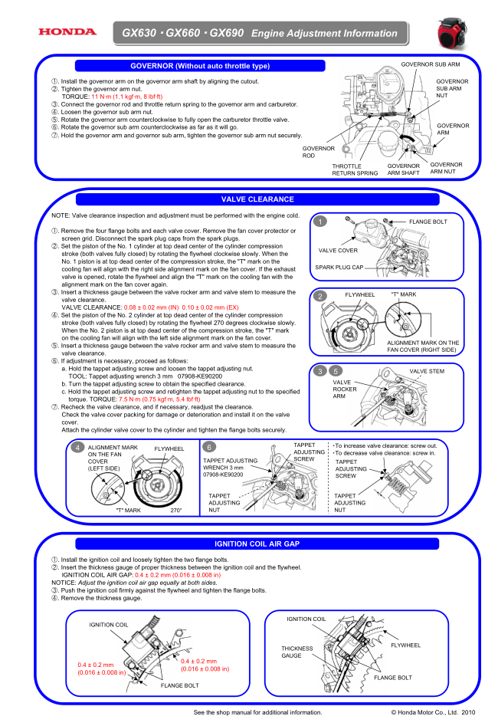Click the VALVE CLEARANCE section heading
pyautogui.click(x=257, y=199)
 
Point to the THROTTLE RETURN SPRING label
pyautogui.click(x=355, y=169)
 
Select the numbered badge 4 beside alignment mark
pyautogui.click(x=78, y=447)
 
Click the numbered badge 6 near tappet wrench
pyautogui.click(x=210, y=447)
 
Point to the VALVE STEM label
pyautogui.click(x=427, y=371)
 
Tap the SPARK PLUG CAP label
pyautogui.click(x=339, y=267)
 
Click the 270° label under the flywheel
pyautogui.click(x=175, y=509)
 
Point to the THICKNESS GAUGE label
pyautogui.click(x=297, y=652)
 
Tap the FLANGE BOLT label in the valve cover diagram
pyautogui.click(x=427, y=222)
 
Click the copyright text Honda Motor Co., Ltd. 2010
pyautogui.click(x=434, y=713)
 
